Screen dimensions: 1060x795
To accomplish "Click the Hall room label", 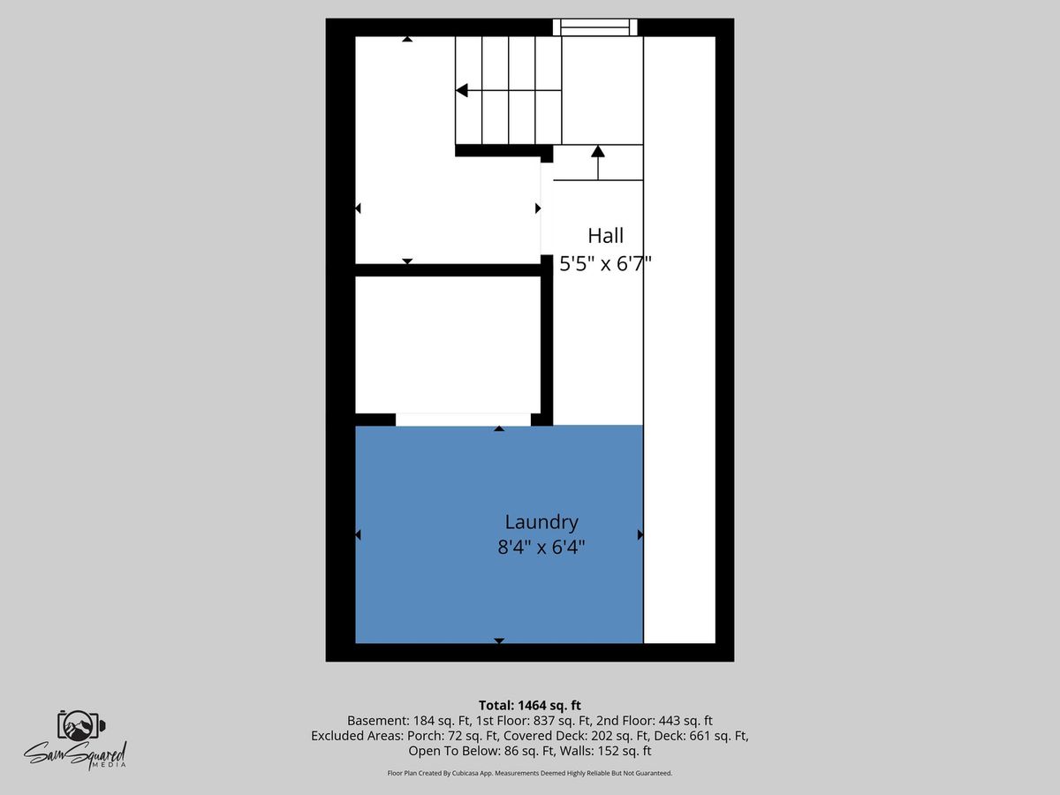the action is click(x=606, y=236).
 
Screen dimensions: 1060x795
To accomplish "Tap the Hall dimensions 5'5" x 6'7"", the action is click(x=606, y=263).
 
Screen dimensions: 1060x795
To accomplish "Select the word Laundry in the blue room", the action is click(x=541, y=522).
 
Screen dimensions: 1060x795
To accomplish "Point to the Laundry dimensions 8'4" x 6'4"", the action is click(x=541, y=548).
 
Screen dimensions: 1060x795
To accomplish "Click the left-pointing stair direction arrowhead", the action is click(x=462, y=90).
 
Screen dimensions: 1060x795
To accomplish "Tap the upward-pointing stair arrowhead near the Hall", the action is click(x=598, y=151).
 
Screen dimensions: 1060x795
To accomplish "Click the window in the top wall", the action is click(x=595, y=27).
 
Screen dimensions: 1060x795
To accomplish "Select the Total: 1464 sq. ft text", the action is click(x=530, y=705).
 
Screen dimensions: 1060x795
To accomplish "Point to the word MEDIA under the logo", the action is click(x=116, y=765).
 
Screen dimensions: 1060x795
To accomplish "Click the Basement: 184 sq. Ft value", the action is click(x=409, y=721).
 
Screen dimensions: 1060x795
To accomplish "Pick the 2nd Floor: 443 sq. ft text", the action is click(x=655, y=721).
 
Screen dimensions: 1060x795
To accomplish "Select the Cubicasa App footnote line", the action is click(x=530, y=773).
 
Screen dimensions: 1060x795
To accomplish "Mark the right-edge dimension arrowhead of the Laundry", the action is click(x=640, y=534).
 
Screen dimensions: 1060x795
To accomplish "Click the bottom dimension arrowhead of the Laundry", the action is click(x=499, y=640).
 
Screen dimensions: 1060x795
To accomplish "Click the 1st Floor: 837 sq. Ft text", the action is click(x=534, y=721).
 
